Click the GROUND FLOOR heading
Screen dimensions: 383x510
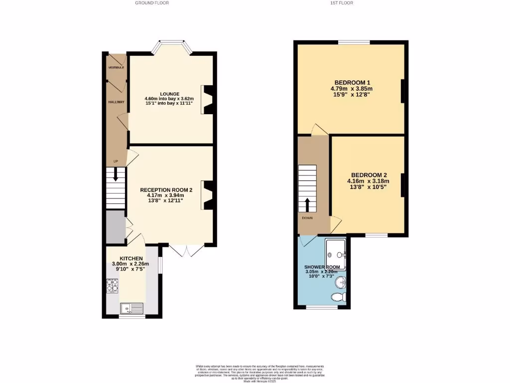coord(152,3)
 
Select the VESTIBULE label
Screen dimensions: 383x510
coord(116,67)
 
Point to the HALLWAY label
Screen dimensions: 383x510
coord(116,102)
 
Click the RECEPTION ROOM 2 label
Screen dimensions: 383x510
coord(166,190)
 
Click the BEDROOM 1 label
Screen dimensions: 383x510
coord(352,82)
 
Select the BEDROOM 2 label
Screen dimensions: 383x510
coord(367,175)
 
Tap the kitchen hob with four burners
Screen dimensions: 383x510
coord(112,285)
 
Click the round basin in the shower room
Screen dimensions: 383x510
coord(340,283)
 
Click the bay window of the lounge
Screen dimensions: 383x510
coord(172,46)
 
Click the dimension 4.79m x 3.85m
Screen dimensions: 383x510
coord(352,88)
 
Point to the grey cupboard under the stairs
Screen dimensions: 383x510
coord(115,227)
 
